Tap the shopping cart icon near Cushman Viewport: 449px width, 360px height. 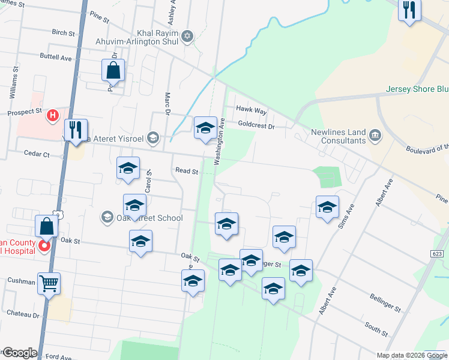click(49, 283)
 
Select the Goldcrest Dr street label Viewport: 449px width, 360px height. click(256, 127)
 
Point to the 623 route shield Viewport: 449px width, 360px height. click(438, 254)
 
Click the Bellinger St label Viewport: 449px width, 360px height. click(385, 304)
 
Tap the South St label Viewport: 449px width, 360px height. click(376, 329)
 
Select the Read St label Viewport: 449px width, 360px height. click(187, 171)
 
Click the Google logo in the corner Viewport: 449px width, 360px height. click(19, 353)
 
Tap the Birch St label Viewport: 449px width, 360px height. click(63, 32)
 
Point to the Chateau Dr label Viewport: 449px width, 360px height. click(23, 314)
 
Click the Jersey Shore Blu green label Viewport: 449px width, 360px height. click(417, 90)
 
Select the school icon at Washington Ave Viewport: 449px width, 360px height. click(205, 127)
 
